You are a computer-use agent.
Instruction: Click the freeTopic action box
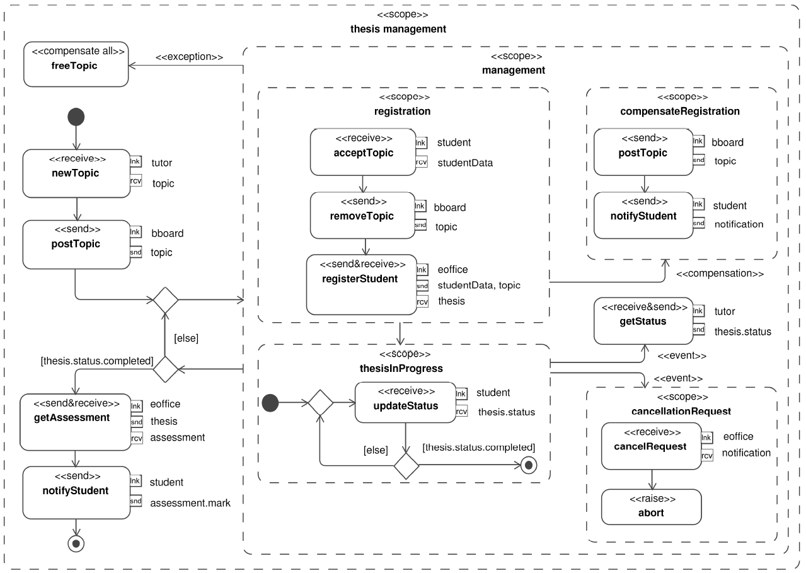point(76,64)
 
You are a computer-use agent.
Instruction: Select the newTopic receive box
point(76,173)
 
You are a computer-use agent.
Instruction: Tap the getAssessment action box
point(76,422)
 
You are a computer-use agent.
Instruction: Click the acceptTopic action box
point(363,152)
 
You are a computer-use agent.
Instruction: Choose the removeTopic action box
point(363,215)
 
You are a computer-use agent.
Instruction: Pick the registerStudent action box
point(362,285)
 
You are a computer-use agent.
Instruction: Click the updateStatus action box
point(405,402)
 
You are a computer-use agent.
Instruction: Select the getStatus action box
point(643,321)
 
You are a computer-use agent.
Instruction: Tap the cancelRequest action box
point(651,446)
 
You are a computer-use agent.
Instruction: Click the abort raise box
point(651,507)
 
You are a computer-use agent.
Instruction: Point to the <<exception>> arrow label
point(189,57)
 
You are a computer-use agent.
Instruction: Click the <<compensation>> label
point(720,274)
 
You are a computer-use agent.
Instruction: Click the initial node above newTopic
point(76,117)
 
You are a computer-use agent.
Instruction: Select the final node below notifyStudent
point(76,544)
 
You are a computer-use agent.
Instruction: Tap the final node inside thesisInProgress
point(529,465)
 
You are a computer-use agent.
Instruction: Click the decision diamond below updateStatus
point(406,466)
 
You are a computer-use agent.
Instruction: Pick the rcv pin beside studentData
point(422,162)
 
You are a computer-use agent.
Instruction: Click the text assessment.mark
point(190,503)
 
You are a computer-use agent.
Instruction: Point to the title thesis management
point(398,29)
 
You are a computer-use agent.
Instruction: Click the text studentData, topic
point(479,286)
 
